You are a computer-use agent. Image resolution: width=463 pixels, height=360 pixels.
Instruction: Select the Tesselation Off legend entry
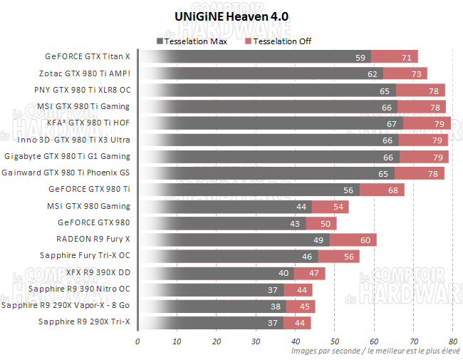278,41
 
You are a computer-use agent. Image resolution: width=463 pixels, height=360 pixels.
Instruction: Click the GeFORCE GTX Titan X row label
88,56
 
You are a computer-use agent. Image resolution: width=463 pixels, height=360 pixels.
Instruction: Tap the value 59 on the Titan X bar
360,57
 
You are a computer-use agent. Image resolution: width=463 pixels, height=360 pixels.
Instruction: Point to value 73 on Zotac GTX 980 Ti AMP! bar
416,73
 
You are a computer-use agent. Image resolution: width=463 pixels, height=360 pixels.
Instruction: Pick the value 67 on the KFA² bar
391,123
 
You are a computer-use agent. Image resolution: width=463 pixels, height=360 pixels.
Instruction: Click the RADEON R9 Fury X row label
93,239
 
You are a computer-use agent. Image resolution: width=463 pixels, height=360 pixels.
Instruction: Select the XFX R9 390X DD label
99,272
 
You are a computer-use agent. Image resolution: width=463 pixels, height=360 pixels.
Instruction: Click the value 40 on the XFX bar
283,273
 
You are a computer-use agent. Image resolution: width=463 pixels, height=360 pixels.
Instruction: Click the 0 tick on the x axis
137,341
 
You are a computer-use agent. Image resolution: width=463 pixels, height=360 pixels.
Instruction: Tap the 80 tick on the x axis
452,341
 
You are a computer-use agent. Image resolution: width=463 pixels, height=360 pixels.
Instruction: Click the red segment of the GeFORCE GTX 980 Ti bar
382,190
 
